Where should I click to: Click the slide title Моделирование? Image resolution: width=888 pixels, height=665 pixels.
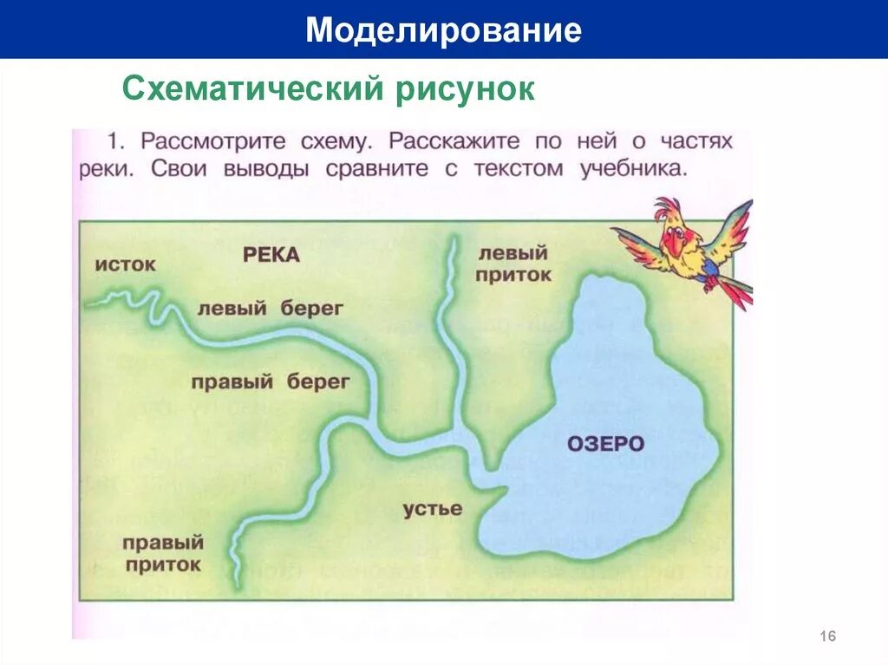point(443,30)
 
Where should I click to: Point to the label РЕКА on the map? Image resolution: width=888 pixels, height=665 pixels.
point(271,254)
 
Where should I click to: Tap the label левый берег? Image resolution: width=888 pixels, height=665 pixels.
point(271,308)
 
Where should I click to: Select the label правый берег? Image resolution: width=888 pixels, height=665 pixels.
point(271,381)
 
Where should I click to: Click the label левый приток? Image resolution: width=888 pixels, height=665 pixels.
point(514,264)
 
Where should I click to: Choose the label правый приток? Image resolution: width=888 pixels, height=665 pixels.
point(162,553)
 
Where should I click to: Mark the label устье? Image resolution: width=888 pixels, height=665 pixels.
point(432,508)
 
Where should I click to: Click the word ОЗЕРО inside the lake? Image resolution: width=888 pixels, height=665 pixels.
point(606,444)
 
